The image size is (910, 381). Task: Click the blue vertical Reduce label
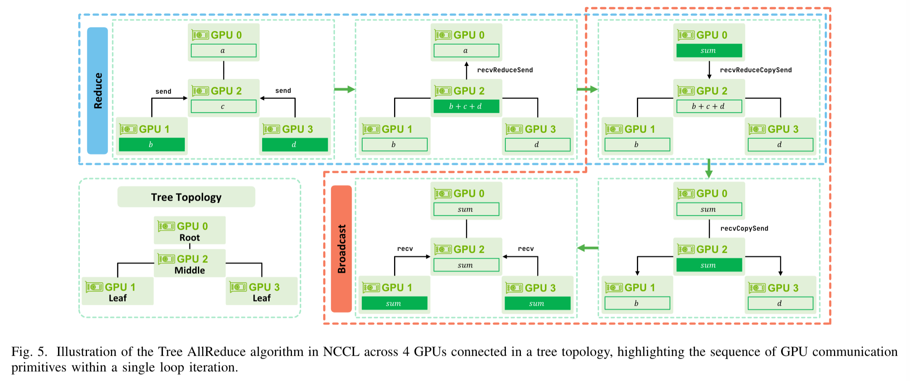tap(97, 91)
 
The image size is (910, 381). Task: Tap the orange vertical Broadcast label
tap(342, 249)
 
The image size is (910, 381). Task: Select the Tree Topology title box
tap(186, 197)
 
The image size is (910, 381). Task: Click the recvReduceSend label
tap(505, 70)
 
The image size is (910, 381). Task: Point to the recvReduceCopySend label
tap(755, 70)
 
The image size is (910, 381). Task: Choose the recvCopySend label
tap(744, 228)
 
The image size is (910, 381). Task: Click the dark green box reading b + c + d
tap(466, 106)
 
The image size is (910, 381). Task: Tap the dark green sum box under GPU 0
tap(709, 51)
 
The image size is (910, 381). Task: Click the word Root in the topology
tap(189, 238)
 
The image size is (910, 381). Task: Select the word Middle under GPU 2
tap(189, 270)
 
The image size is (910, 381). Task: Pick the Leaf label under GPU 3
tap(261, 298)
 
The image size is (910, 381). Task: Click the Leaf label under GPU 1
tap(118, 298)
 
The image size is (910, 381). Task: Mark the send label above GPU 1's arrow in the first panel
tap(163, 91)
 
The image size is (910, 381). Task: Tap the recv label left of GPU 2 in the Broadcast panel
tap(405, 249)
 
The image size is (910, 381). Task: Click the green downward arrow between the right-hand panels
tap(709, 168)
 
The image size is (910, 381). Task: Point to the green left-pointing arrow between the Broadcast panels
tap(587, 248)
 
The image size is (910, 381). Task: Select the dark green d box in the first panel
tap(295, 145)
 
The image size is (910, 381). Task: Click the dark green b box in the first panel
tap(152, 145)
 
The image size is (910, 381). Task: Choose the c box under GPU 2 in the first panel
tap(224, 106)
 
